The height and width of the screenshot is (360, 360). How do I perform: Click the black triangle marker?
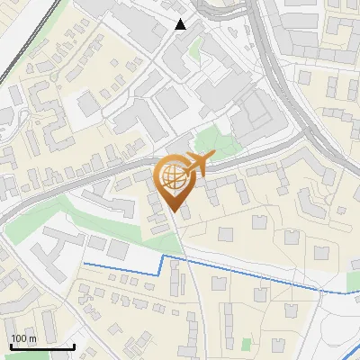pyautogui.click(x=181, y=24)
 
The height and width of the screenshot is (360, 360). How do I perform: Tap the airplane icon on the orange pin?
pyautogui.click(x=197, y=164)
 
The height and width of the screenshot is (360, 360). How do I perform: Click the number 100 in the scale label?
pyautogui.click(x=17, y=339)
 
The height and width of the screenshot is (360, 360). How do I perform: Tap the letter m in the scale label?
pyautogui.click(x=32, y=339)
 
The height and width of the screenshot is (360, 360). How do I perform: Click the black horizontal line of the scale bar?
pyautogui.click(x=42, y=346)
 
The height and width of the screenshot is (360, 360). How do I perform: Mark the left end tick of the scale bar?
pyautogui.click(x=10, y=346)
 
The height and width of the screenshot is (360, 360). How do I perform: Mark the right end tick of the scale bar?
pyautogui.click(x=75, y=346)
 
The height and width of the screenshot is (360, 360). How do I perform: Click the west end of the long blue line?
pyautogui.click(x=85, y=263)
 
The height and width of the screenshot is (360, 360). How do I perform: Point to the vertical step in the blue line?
pyautogui.click(x=162, y=264)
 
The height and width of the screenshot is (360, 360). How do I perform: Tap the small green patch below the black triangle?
pyautogui.click(x=193, y=51)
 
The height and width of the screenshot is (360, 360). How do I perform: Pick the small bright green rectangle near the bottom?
pyautogui.click(x=246, y=344)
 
